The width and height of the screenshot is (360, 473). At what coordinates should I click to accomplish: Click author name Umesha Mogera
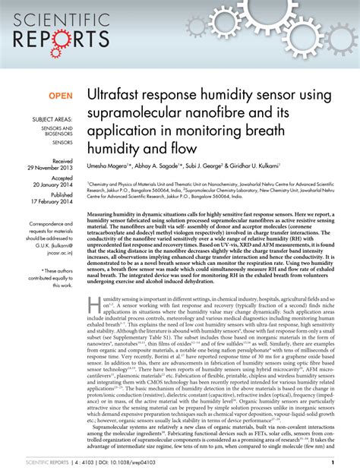pos(109,166)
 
